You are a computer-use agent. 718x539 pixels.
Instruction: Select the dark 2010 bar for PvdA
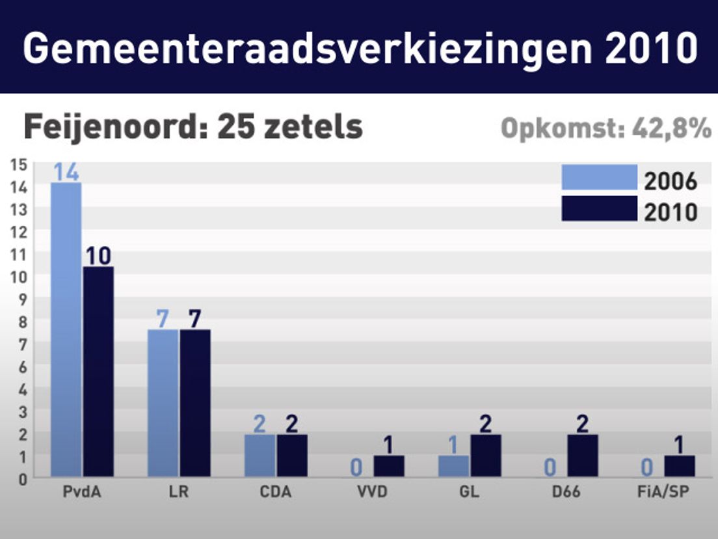pyautogui.click(x=98, y=371)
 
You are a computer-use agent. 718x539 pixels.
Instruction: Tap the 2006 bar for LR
pyautogui.click(x=163, y=403)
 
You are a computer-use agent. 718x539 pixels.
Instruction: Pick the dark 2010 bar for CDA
pyautogui.click(x=292, y=456)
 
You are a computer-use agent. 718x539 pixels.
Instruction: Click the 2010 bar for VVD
pyautogui.click(x=389, y=466)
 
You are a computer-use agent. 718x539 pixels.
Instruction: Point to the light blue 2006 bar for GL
pyautogui.click(x=453, y=466)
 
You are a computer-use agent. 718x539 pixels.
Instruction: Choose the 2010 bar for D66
pyautogui.click(x=582, y=456)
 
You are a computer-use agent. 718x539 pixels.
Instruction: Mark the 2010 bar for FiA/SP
pyautogui.click(x=679, y=466)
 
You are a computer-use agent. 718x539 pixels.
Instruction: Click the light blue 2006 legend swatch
pyautogui.click(x=599, y=177)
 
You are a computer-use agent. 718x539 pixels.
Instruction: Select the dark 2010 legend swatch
pyautogui.click(x=599, y=208)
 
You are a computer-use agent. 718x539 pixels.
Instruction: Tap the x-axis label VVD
pyautogui.click(x=373, y=492)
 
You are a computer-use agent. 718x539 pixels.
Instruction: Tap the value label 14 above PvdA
pyautogui.click(x=66, y=172)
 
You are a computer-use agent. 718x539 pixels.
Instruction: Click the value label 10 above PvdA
pyautogui.click(x=98, y=256)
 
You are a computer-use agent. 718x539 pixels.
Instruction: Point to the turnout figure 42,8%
pyautogui.click(x=672, y=129)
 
